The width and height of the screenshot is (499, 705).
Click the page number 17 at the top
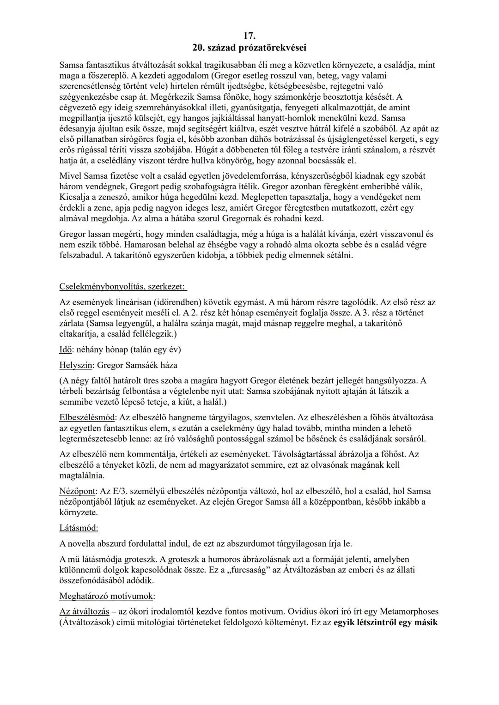coord(249,36)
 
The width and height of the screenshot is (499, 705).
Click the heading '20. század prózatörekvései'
coord(249,48)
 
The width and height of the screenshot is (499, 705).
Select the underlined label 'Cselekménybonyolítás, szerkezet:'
coord(122,287)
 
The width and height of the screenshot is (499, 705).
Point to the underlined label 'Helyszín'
coord(76,365)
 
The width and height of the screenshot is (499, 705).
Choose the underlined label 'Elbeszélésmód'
coord(87,417)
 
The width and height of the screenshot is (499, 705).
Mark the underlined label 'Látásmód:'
coord(79,528)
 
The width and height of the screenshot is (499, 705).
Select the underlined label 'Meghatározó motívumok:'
coord(107,595)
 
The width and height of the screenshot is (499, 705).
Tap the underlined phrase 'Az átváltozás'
coord(85,611)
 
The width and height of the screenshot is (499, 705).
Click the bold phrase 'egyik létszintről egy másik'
coord(385,622)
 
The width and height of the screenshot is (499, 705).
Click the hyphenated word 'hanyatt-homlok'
coord(286,118)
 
